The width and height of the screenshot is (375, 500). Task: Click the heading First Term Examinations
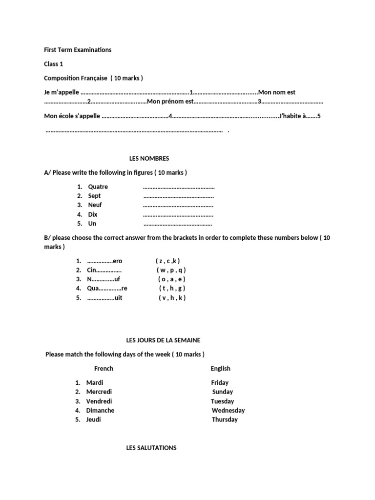pyautogui.click(x=78, y=50)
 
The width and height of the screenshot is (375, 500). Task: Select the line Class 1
pyautogui.click(x=53, y=64)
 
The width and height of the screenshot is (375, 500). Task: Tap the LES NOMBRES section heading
pyautogui.click(x=149, y=159)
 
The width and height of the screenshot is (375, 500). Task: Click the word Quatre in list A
pyautogui.click(x=98, y=187)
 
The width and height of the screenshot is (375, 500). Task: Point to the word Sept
pyautogui.click(x=94, y=196)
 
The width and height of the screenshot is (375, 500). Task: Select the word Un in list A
pyautogui.click(x=92, y=224)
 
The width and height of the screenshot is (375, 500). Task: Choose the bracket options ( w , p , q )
pyautogui.click(x=171, y=270)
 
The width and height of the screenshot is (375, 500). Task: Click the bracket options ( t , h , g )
pyautogui.click(x=172, y=289)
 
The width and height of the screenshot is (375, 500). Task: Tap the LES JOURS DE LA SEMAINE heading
pyautogui.click(x=163, y=340)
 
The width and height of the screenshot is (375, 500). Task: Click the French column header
pyautogui.click(x=104, y=369)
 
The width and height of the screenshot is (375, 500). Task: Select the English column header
pyautogui.click(x=220, y=369)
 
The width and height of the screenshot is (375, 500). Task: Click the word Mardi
pyautogui.click(x=95, y=382)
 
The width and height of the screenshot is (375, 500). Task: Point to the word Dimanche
pyautogui.click(x=100, y=410)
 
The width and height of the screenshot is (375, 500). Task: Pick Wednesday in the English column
pyautogui.click(x=228, y=410)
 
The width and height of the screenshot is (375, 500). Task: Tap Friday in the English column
pyautogui.click(x=220, y=382)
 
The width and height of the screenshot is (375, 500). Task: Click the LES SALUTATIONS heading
pyautogui.click(x=151, y=448)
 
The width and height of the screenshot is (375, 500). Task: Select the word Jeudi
pyautogui.click(x=94, y=419)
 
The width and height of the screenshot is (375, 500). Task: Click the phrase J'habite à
pyautogui.click(x=292, y=116)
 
